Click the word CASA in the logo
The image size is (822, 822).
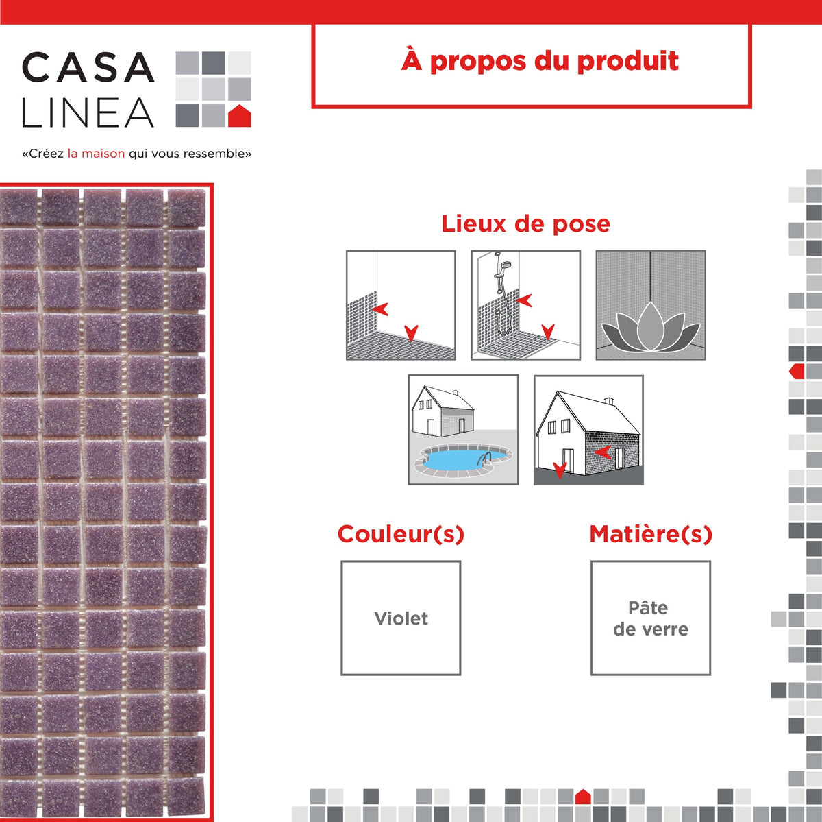click(x=88, y=67)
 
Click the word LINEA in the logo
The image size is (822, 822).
click(x=88, y=112)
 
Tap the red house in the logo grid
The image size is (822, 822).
click(x=239, y=115)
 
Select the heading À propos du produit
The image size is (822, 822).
click(x=540, y=61)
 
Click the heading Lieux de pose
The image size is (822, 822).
click(x=525, y=223)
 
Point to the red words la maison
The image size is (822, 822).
click(x=96, y=154)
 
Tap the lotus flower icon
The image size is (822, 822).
click(x=651, y=327)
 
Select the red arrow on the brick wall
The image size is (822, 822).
click(x=603, y=452)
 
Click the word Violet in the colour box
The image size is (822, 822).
click(x=401, y=618)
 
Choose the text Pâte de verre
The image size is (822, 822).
click(x=651, y=618)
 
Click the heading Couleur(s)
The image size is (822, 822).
click(x=401, y=534)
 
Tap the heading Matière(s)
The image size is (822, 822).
click(x=651, y=534)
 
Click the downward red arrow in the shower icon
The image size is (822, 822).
click(x=548, y=331)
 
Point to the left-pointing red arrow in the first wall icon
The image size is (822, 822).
click(x=380, y=309)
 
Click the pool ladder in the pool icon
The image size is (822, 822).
click(x=484, y=459)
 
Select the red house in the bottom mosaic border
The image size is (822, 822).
click(x=583, y=797)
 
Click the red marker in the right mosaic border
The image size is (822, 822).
click(x=797, y=371)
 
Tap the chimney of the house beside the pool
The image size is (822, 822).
click(x=456, y=392)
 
